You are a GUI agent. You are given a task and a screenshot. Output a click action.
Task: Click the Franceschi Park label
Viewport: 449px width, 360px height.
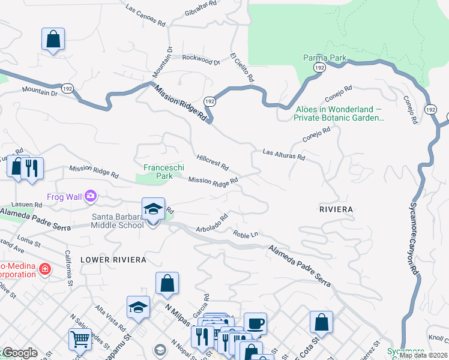point(158,172)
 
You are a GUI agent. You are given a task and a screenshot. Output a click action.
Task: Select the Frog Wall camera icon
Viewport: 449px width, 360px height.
point(91,196)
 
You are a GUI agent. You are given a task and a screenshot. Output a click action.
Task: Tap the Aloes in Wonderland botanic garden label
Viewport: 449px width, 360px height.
point(339,113)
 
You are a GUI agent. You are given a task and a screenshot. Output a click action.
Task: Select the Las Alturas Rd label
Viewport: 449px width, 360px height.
point(284,155)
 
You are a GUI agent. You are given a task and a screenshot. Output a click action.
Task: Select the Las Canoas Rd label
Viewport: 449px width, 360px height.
point(145,16)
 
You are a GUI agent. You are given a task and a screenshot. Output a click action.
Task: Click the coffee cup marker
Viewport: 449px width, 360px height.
point(255,324)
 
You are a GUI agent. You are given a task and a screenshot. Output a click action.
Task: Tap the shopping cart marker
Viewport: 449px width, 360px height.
point(80,339)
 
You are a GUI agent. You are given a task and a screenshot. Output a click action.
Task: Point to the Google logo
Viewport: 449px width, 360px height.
point(20,353)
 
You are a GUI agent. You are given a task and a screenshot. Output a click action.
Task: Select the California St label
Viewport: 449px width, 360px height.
point(69,266)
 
